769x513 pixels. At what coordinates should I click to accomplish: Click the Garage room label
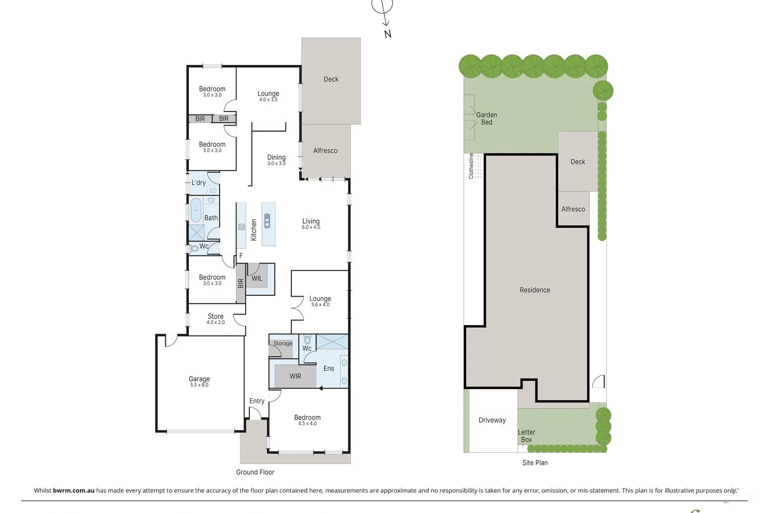(x=199, y=379)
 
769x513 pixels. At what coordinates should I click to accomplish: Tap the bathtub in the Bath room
(x=196, y=211)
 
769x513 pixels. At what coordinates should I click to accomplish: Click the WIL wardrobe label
(x=257, y=278)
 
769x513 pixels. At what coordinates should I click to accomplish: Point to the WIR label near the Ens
(x=295, y=376)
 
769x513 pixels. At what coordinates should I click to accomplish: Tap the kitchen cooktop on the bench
(x=241, y=226)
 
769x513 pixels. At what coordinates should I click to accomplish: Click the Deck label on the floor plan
(x=331, y=79)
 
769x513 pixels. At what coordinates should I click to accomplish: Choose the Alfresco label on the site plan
(x=573, y=209)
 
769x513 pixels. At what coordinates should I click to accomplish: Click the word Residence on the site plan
(x=534, y=290)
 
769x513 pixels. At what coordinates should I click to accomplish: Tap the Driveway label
(x=492, y=420)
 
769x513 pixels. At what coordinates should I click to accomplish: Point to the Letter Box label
(x=526, y=436)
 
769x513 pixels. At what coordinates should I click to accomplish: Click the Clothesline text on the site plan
(x=471, y=166)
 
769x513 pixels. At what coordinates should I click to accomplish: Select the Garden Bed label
(x=486, y=118)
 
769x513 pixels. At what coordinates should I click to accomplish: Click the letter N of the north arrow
(x=387, y=34)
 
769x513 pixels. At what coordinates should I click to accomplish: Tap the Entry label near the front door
(x=257, y=401)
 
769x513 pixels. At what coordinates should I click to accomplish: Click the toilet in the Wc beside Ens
(x=308, y=339)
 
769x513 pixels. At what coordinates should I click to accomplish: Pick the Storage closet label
(x=283, y=343)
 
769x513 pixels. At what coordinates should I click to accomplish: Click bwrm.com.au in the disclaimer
(x=73, y=490)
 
